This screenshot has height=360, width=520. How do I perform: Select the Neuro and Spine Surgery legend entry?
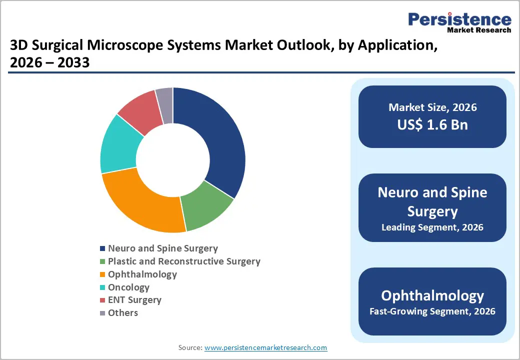click(x=162, y=248)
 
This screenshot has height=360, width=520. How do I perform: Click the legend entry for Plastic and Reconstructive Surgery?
click(x=183, y=261)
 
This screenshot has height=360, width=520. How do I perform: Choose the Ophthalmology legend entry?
click(x=142, y=274)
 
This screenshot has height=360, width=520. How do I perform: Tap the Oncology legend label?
click(x=128, y=287)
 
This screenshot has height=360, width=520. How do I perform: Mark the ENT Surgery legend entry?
click(x=134, y=300)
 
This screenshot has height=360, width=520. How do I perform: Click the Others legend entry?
click(x=122, y=313)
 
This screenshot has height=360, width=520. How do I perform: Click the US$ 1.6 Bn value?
click(x=432, y=124)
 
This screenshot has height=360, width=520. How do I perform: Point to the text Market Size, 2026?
click(x=432, y=107)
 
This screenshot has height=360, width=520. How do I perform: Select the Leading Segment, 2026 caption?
click(x=432, y=227)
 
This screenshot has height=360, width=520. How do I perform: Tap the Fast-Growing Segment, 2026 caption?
click(x=432, y=311)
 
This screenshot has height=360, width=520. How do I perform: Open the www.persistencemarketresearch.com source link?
click(x=265, y=347)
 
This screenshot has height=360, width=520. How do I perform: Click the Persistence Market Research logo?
click(x=459, y=22)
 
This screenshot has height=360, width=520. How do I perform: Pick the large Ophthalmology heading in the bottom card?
click(x=432, y=295)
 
